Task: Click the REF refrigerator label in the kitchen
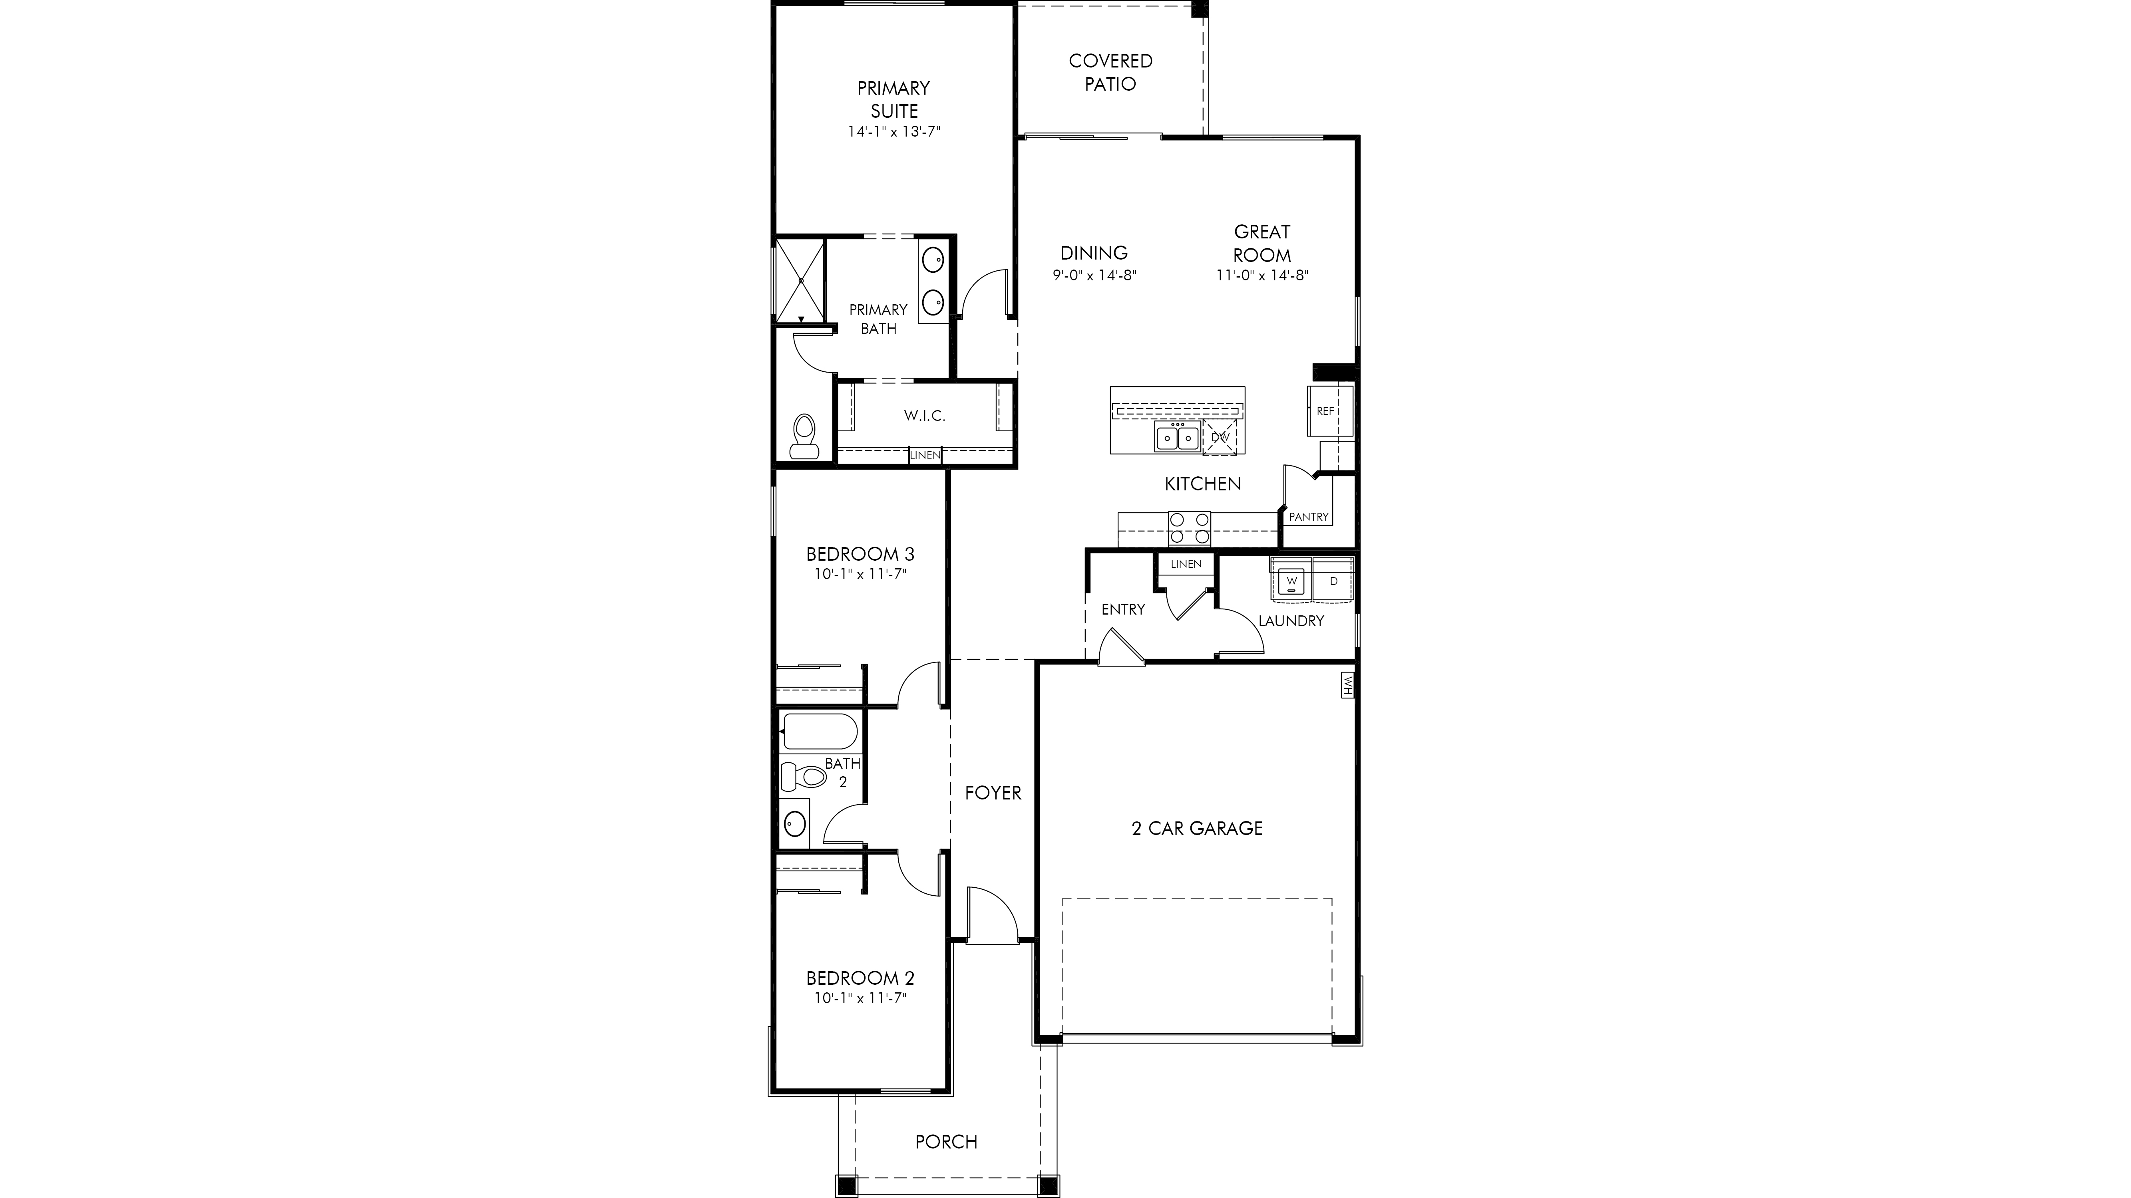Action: pyautogui.click(x=1324, y=411)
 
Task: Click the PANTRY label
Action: pyautogui.click(x=1309, y=517)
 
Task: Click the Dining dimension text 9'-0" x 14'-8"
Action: pyautogui.click(x=1094, y=275)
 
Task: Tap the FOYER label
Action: pyautogui.click(x=993, y=793)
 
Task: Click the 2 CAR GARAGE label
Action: pyautogui.click(x=1197, y=829)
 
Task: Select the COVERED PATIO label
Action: pyautogui.click(x=1110, y=72)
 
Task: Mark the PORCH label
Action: pyautogui.click(x=946, y=1142)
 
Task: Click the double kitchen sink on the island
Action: pyautogui.click(x=1177, y=436)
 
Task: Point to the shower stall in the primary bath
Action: pyautogui.click(x=222, y=280)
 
